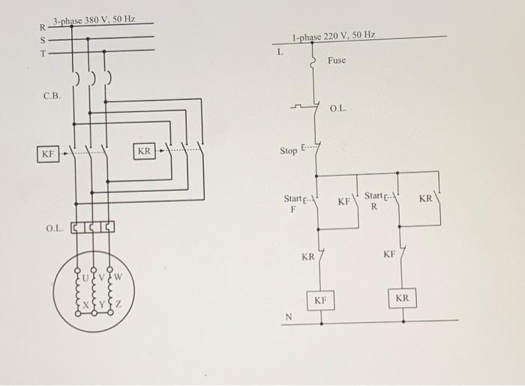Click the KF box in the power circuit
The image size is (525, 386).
48,154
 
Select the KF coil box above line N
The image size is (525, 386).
320,300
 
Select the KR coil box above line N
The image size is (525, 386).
402,298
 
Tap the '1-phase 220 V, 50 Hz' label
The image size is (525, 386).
334,36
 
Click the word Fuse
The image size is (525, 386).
337,60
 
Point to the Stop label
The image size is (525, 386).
289,151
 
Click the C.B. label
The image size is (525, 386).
52,97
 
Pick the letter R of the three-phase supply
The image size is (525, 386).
43,28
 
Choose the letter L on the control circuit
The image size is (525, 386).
280,53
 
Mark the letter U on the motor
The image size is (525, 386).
84,276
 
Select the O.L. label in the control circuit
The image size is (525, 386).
339,110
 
